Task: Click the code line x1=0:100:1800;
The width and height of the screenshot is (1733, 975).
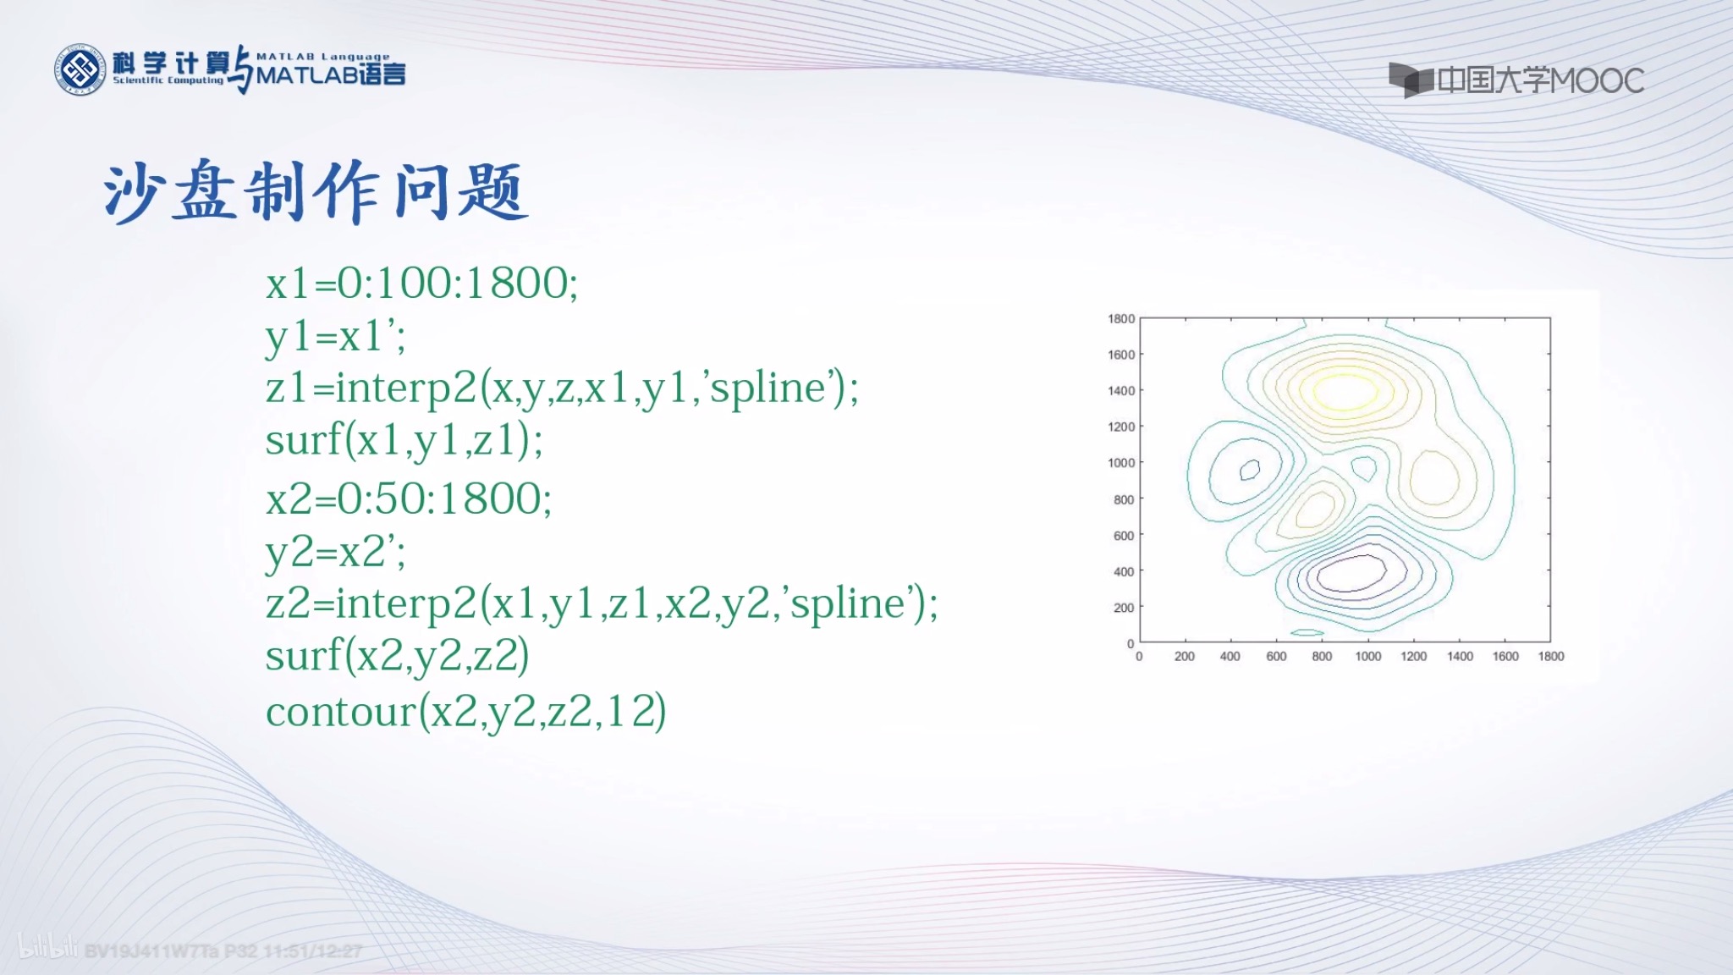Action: (421, 283)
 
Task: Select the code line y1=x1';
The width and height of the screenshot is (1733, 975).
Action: (335, 337)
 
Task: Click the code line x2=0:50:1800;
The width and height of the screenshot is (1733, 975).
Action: (409, 499)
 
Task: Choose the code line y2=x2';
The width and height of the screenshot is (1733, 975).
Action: (335, 553)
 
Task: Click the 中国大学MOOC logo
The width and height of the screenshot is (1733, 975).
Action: (1516, 80)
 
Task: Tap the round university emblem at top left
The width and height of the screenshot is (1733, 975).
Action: (80, 69)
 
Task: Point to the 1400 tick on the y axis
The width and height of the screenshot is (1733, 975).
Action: (1121, 391)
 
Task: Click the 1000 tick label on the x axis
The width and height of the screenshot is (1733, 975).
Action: (1367, 657)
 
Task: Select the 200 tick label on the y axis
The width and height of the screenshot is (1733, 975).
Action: (1123, 608)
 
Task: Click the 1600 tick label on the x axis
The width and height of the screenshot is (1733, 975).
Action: (1505, 657)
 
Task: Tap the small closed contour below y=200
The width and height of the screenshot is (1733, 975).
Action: (1307, 632)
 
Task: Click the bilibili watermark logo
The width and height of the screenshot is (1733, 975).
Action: (48, 948)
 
